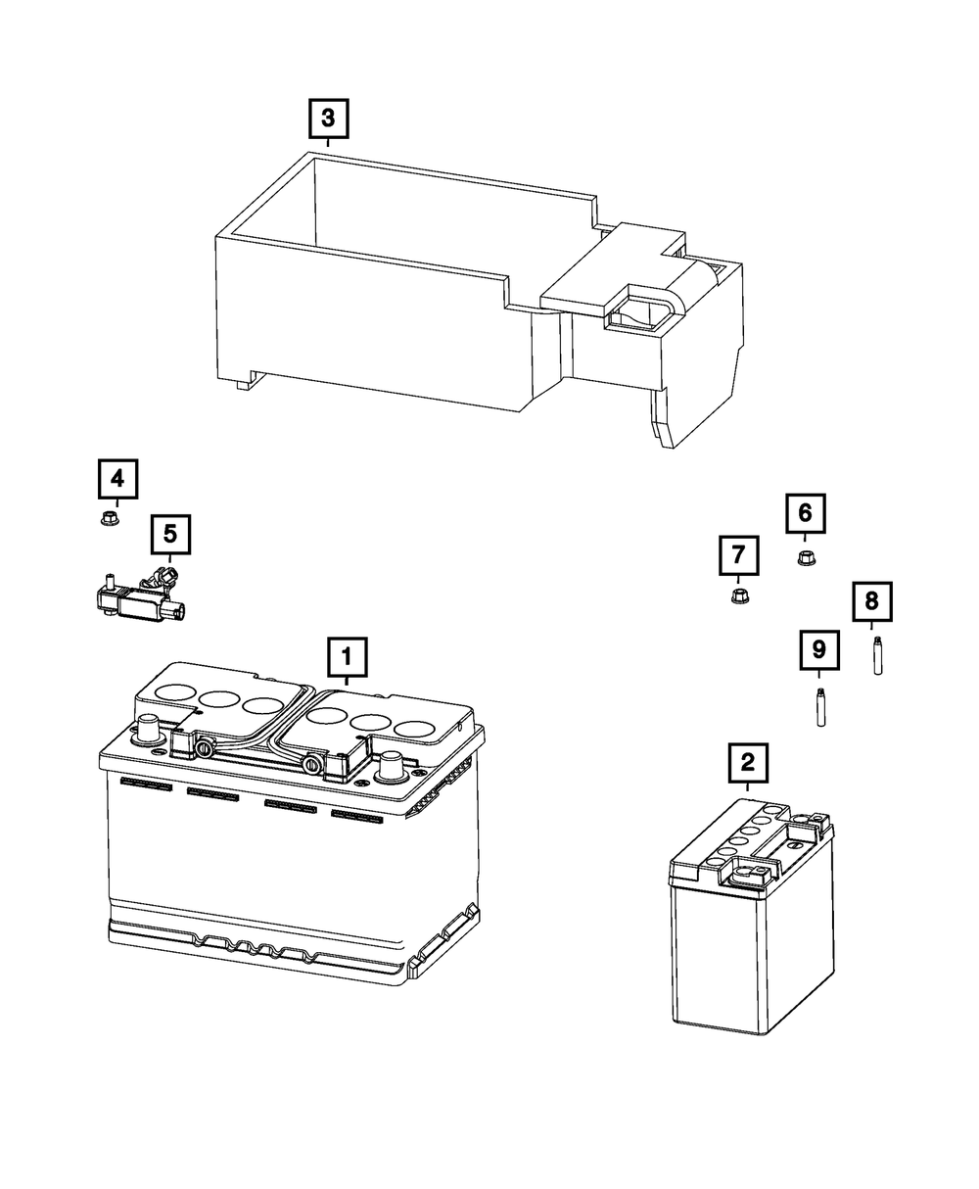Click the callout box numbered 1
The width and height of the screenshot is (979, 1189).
click(x=348, y=657)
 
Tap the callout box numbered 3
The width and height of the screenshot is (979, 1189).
click(x=328, y=119)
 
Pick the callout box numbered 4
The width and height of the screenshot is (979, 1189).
click(x=117, y=480)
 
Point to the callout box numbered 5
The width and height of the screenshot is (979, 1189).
click(x=169, y=534)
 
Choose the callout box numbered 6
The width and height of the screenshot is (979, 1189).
click(x=805, y=512)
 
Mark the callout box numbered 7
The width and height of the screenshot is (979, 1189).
click(x=738, y=555)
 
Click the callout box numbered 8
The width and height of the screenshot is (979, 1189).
click(x=871, y=599)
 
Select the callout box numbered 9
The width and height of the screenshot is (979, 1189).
click(x=818, y=648)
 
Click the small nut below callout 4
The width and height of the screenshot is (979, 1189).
click(x=110, y=517)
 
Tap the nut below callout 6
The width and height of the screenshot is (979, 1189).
click(x=806, y=557)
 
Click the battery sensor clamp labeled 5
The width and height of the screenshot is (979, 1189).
click(x=142, y=594)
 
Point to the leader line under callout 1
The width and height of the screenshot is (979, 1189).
click(x=348, y=683)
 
